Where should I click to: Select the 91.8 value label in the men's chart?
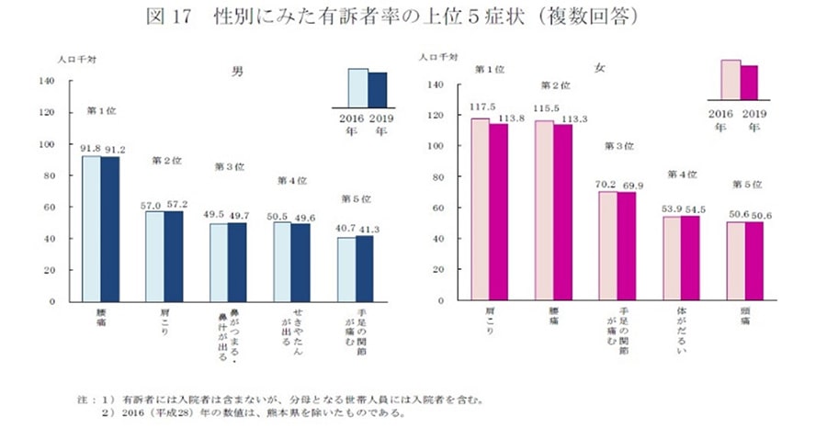90,150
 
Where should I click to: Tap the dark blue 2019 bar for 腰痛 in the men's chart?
110,229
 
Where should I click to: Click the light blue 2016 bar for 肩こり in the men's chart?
154,256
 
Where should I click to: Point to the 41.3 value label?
367,226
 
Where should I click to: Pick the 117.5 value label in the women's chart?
482,107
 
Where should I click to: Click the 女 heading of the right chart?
600,68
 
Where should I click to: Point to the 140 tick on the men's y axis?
49,81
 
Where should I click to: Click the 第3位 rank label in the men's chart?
228,166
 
